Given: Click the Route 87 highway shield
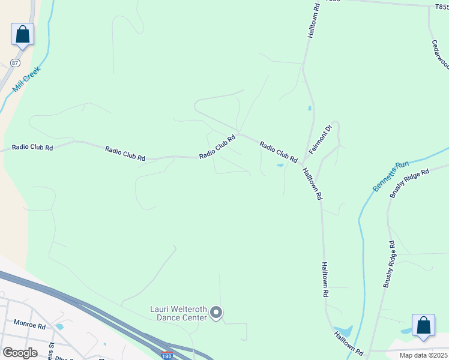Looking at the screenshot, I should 15,63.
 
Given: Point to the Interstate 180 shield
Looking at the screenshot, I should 167,356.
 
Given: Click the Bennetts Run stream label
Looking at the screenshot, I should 391,176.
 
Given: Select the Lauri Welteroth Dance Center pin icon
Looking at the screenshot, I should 217,313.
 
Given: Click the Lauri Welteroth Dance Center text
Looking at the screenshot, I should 178,313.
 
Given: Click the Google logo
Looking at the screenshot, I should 20,353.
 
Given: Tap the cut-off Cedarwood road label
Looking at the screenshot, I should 441,55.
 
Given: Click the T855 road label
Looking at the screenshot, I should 442,7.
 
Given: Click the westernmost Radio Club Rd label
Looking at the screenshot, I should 32,147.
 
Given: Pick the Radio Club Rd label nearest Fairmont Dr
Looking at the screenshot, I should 279,152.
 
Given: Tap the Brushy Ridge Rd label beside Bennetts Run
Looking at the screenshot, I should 409,183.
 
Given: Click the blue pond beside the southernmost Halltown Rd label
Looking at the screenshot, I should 345,331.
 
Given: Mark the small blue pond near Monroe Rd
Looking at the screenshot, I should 59,327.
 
